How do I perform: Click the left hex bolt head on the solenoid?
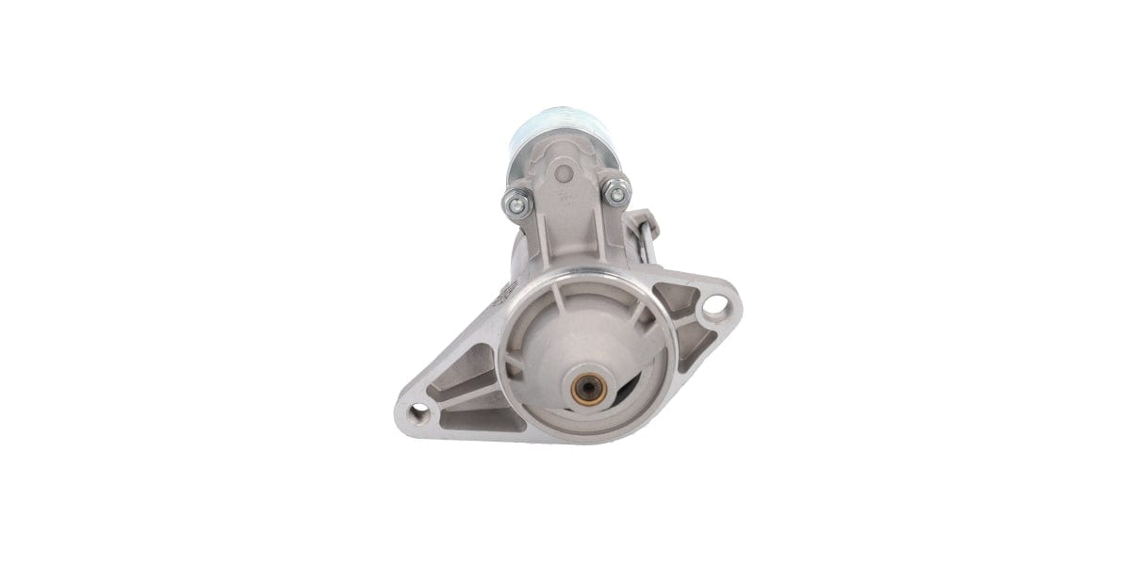(517, 202)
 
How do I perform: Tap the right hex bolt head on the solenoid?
(616, 194)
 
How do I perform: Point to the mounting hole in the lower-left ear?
(418, 412)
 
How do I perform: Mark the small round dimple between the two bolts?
(564, 173)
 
